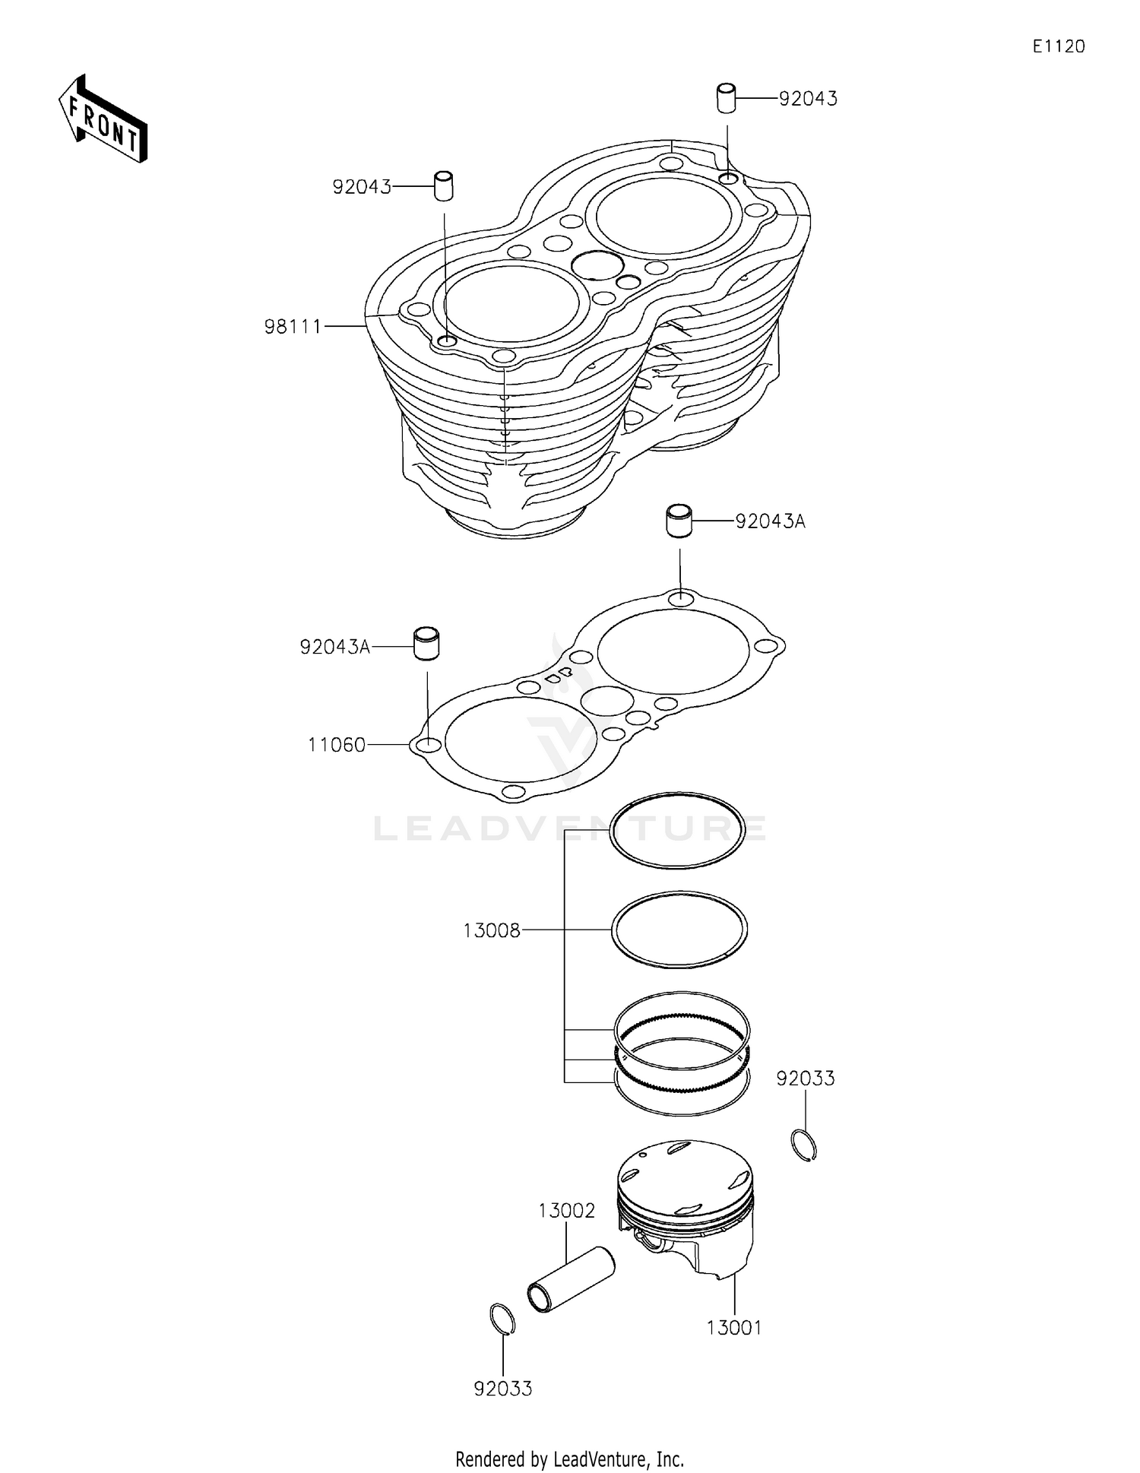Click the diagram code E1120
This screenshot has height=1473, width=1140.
(1058, 46)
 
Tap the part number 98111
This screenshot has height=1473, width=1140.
(293, 327)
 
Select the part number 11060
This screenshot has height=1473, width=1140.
(337, 745)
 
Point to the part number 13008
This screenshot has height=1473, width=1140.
(492, 930)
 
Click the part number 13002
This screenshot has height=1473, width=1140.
(566, 1211)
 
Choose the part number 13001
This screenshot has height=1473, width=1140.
(733, 1328)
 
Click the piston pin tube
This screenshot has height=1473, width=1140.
(571, 1281)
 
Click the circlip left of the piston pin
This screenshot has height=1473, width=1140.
(502, 1319)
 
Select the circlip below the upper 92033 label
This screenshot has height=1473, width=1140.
(804, 1146)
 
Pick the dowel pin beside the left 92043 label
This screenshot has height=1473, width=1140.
(443, 186)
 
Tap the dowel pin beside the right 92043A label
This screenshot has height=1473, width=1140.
(678, 520)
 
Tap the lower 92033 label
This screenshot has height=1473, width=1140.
(502, 1389)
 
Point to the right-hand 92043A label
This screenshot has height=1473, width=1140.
(769, 521)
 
